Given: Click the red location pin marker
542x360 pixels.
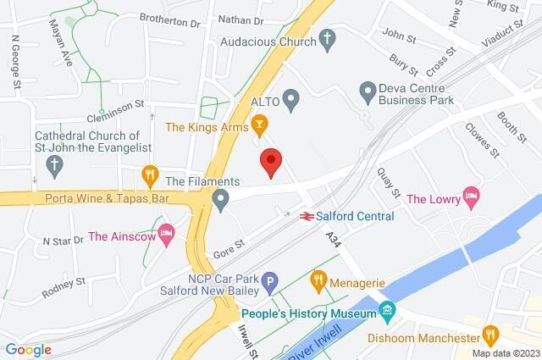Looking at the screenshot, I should click(270, 161).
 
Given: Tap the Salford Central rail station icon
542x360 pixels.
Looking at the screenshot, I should click(306, 217).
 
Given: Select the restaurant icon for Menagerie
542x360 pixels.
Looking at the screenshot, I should click(318, 278).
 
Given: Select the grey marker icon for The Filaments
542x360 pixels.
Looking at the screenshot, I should click(221, 200).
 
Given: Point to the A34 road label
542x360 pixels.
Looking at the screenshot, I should click(333, 241).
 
